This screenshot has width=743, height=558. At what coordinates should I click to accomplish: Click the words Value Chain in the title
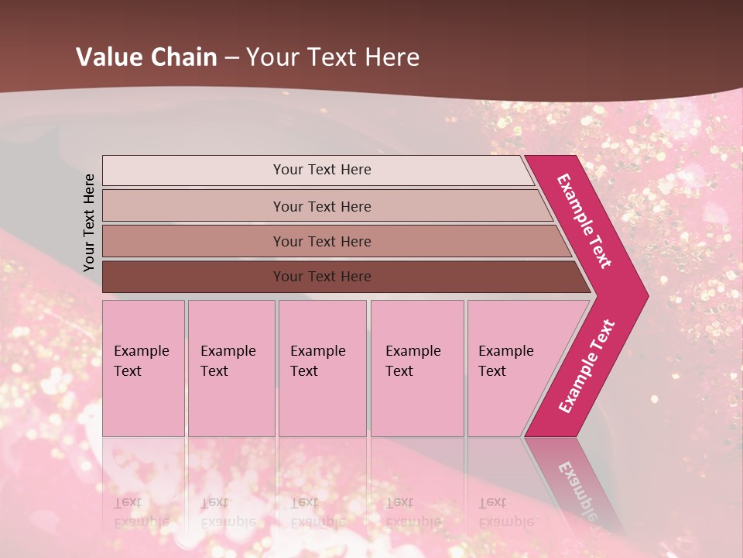pos(148,57)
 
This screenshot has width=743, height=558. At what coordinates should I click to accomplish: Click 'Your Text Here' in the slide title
pos(333,57)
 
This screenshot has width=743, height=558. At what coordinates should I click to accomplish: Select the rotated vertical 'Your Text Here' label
pos(89,222)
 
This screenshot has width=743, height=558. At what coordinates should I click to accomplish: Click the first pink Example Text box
pos(143,368)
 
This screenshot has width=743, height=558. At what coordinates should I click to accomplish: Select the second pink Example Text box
pos(231,368)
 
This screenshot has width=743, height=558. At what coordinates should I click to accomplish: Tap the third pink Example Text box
pos(322,368)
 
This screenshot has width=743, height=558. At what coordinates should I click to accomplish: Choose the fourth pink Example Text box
pos(416,368)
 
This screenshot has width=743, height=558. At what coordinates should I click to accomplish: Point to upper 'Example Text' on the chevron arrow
pos(584,222)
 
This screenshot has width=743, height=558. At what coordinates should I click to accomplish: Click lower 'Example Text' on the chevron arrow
pos(587,367)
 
